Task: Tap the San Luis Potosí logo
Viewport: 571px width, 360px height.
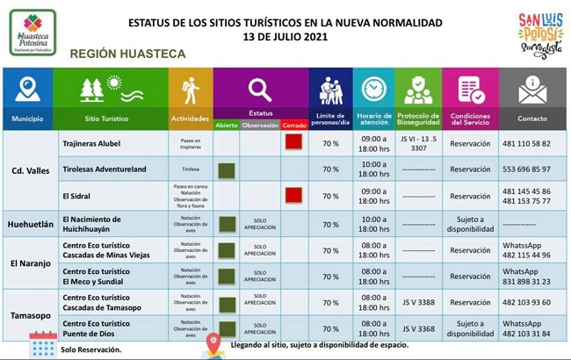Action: click(x=538, y=34)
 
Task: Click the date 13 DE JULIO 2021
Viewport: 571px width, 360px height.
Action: click(x=285, y=38)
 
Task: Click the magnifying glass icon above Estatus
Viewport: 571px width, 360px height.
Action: click(x=259, y=90)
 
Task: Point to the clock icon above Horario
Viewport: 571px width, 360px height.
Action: click(x=374, y=90)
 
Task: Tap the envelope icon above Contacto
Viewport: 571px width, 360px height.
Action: click(x=532, y=90)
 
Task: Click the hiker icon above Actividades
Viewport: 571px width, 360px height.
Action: click(x=190, y=90)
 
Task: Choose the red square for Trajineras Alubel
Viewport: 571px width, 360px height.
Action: click(x=293, y=143)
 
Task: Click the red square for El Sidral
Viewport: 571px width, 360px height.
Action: click(x=293, y=196)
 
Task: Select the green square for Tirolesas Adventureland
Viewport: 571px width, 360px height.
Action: click(x=226, y=169)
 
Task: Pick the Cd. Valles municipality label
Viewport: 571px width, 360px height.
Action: click(x=30, y=170)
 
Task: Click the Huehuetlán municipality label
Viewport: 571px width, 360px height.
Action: click(x=30, y=224)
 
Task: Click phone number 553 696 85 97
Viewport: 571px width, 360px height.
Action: click(x=526, y=169)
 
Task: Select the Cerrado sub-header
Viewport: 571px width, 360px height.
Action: click(x=293, y=126)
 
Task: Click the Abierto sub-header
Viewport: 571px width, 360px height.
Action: click(x=226, y=126)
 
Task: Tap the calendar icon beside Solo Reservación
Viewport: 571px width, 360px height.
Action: click(x=42, y=344)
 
